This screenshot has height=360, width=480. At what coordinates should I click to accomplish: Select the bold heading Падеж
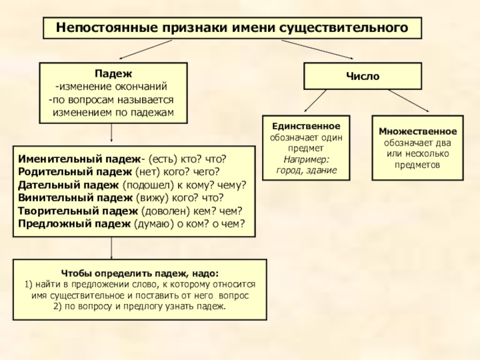click(x=112, y=73)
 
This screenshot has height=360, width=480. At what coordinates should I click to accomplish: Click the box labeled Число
click(x=362, y=77)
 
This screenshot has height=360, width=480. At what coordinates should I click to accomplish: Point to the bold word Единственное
click(x=306, y=127)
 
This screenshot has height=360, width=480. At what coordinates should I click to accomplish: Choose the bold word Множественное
click(x=418, y=131)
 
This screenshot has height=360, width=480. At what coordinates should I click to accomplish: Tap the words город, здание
click(x=306, y=171)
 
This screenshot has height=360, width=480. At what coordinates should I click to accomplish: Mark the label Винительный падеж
click(x=74, y=197)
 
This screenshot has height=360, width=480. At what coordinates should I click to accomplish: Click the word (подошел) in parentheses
click(x=146, y=185)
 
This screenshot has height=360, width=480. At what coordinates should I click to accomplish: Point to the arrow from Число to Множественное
click(x=409, y=101)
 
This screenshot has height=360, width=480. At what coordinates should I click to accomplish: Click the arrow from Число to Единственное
click(x=314, y=101)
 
